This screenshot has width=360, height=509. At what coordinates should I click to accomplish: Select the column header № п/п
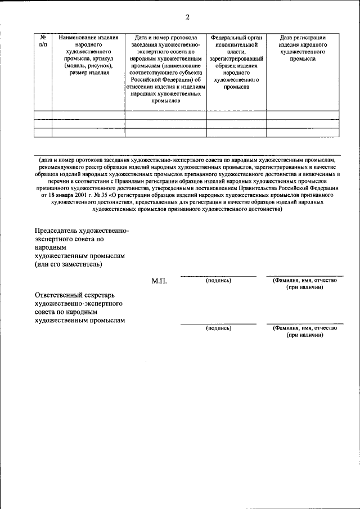coord(43,40)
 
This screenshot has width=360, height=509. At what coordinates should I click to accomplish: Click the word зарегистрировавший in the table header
coord(236,58)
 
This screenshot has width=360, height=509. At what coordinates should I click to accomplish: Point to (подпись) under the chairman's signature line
coord(218,280)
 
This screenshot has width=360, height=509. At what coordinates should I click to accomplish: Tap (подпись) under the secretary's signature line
coord(218,327)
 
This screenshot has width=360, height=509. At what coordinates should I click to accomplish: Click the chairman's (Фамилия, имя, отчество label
coord(304,280)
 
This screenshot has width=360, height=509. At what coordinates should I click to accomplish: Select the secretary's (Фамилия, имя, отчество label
coord(304,327)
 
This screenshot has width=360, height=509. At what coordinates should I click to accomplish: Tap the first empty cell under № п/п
coord(43,115)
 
